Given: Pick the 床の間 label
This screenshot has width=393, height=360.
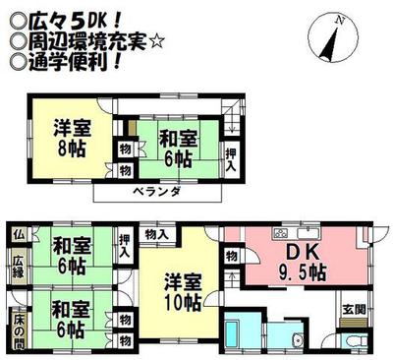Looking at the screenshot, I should pyautogui.click(x=19, y=325).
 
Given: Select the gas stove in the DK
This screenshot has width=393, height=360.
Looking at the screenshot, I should pyautogui.click(x=278, y=233).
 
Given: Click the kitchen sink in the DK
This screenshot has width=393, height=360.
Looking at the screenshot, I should pyautogui.click(x=310, y=233).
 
